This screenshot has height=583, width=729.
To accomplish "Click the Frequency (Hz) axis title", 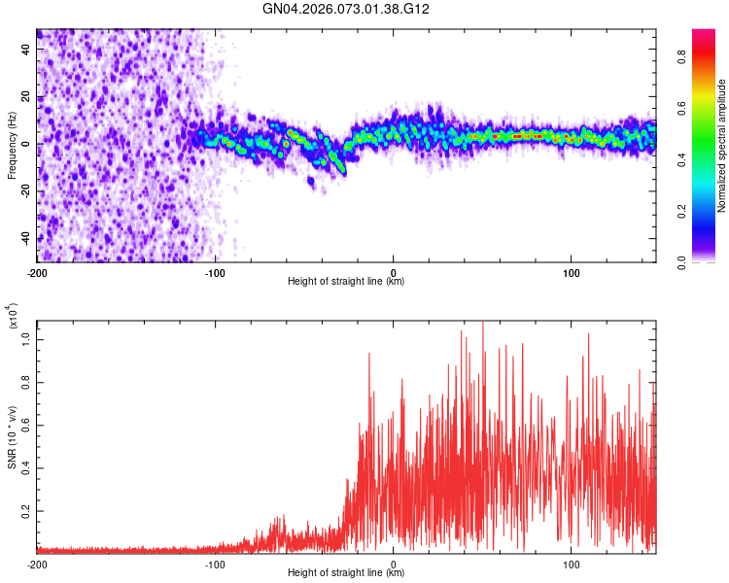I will click(x=12, y=146).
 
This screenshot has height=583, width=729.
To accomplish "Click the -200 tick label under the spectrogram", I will click(x=38, y=271).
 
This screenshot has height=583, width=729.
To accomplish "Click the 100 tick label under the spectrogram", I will click(x=572, y=271).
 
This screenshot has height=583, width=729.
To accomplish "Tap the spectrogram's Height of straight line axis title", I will click(x=346, y=282).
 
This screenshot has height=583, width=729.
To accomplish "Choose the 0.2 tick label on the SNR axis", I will click(x=26, y=510).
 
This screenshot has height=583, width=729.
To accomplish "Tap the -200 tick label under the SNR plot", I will click(x=38, y=564).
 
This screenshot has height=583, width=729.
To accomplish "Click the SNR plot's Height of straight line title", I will click(x=346, y=574).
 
